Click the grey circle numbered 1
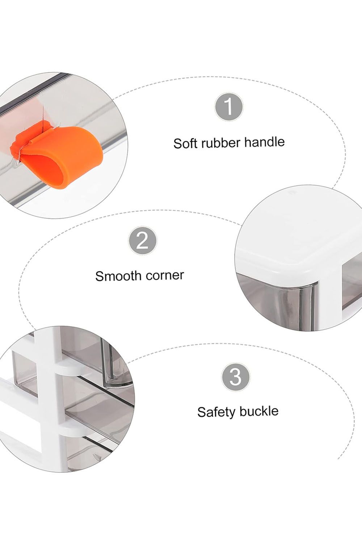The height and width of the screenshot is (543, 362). [229, 107]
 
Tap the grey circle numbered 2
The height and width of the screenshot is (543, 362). [142, 240]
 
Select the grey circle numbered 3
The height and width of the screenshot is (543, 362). [235, 377]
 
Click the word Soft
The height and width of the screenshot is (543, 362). [185, 143]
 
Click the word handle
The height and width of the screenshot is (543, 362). [264, 142]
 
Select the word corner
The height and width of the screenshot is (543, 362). [165, 275]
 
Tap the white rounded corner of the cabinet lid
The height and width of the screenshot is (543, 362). [313, 271]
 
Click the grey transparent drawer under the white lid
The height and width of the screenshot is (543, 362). [277, 303]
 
